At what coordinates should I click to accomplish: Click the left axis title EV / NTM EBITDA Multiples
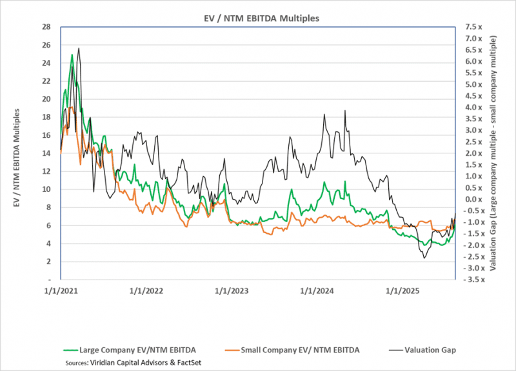[17, 153]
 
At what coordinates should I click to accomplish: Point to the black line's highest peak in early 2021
[79, 48]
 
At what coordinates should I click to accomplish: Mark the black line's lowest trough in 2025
[424, 258]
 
